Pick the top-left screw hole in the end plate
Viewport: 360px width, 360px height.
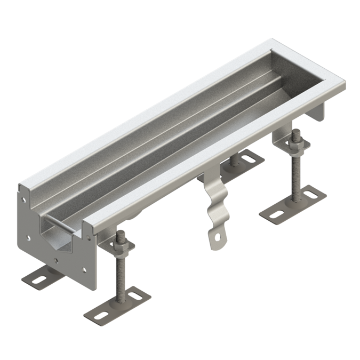click(24, 203)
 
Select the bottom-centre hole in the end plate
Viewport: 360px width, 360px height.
click(57, 261)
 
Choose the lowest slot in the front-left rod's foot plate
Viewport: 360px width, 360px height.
click(100, 315)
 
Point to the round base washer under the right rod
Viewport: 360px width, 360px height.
click(294, 202)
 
